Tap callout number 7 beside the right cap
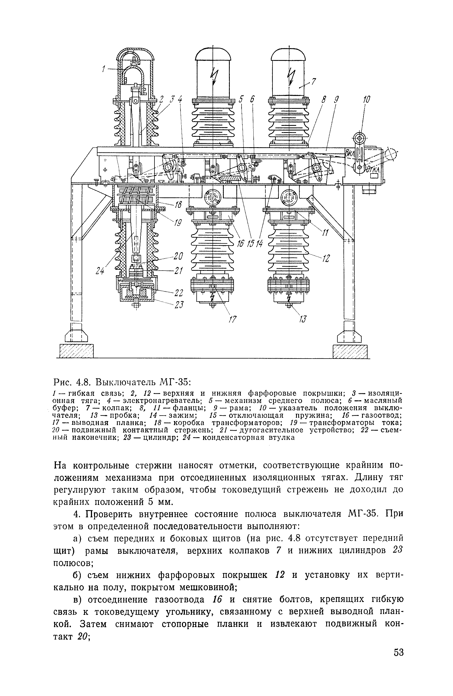click(313, 82)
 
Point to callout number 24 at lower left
click(100, 271)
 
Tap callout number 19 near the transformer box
click(177, 223)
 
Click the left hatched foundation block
click(77, 351)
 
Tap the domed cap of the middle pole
click(213, 57)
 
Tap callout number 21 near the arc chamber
click(178, 271)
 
